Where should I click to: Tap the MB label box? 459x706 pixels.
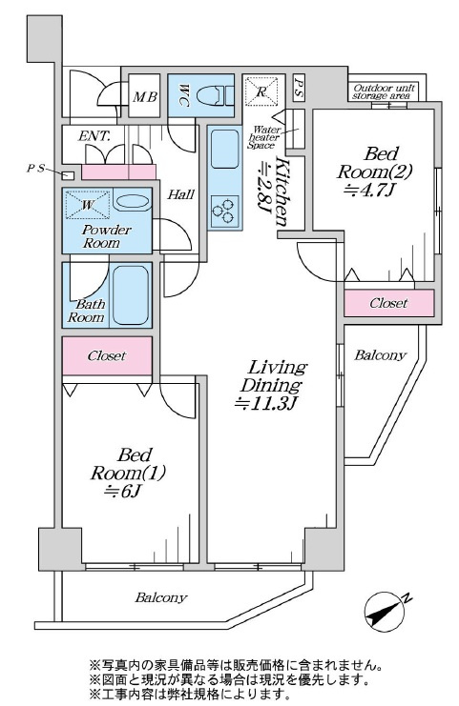tap(145, 96)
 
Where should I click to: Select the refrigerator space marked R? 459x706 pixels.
tap(261, 91)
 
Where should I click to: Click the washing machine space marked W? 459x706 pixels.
tap(88, 205)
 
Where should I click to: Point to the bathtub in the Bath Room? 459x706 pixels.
tap(131, 294)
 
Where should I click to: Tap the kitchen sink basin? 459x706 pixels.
tap(225, 149)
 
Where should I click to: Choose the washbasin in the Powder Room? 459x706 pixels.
tap(132, 202)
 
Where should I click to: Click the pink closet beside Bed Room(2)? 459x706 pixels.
tap(389, 303)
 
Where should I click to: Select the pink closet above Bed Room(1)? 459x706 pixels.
tap(107, 356)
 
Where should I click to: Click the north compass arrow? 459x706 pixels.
tap(385, 611)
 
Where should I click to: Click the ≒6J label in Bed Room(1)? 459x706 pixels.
tap(123, 492)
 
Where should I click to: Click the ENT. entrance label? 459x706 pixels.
tap(94, 135)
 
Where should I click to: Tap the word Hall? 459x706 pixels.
tap(180, 194)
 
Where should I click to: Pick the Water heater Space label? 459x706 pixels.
tap(264, 137)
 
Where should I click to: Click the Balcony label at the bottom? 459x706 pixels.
tap(161, 598)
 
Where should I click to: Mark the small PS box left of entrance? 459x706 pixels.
tap(68, 175)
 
